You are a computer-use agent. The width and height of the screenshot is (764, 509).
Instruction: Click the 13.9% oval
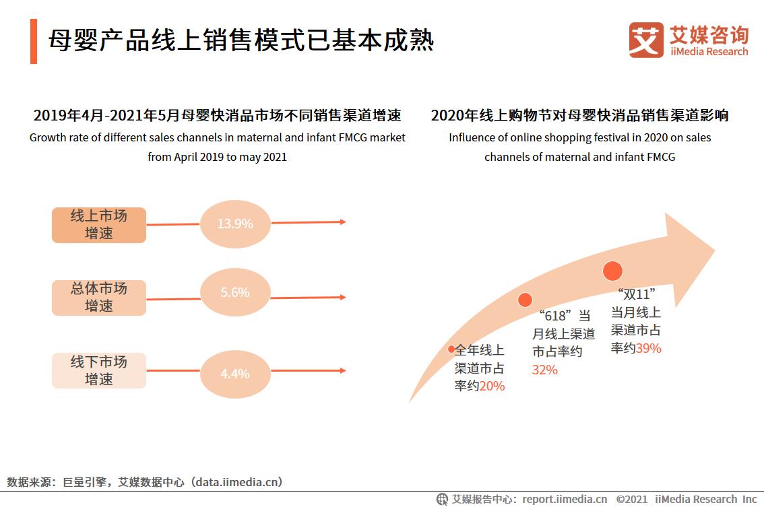[235, 224]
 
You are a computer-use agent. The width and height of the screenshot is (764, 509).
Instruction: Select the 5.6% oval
[235, 293]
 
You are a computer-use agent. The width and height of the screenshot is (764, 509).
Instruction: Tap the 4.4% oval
[235, 373]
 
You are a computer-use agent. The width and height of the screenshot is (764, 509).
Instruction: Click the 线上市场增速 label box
[99, 225]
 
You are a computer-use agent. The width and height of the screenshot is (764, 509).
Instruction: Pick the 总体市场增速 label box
[99, 298]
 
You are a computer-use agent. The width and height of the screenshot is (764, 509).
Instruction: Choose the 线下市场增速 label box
[99, 370]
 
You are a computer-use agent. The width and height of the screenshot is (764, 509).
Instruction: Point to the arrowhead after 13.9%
[343, 222]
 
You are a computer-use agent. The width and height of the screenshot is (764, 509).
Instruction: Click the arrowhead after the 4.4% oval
[343, 370]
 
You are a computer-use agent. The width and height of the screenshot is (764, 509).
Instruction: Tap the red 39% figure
[649, 348]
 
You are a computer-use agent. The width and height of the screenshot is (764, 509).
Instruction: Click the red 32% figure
[545, 370]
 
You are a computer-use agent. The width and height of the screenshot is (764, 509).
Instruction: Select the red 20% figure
[492, 386]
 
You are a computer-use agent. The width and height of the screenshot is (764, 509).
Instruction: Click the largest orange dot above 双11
[612, 271]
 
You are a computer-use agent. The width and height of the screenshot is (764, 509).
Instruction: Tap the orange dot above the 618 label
[525, 300]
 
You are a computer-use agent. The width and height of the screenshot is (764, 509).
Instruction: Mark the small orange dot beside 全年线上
[451, 349]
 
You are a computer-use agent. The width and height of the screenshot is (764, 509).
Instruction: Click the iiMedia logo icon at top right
[646, 40]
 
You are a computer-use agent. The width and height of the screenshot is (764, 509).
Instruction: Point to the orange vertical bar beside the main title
[34, 41]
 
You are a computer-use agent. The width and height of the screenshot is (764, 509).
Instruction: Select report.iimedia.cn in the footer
[565, 499]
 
